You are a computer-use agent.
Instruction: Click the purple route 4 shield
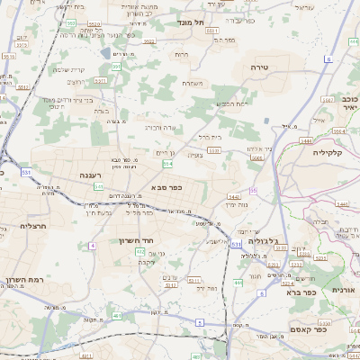(92, 245)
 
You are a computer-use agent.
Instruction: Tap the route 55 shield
(254, 191)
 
